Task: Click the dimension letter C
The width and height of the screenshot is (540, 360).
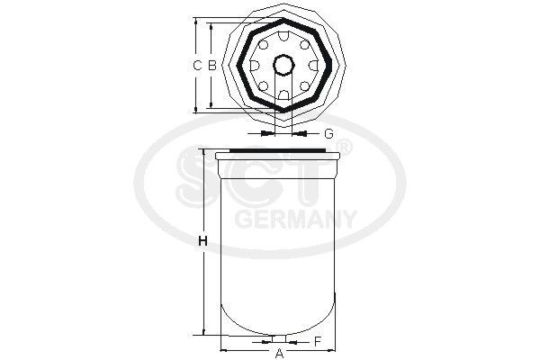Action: (197, 66)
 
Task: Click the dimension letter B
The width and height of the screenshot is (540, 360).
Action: (211, 66)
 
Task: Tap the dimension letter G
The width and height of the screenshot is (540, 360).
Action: (328, 133)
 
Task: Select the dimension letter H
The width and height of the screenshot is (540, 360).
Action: (202, 241)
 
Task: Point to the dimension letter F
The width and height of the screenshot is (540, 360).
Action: (318, 341)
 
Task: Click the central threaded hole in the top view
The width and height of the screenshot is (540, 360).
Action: (283, 66)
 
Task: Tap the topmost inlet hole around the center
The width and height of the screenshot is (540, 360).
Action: (283, 35)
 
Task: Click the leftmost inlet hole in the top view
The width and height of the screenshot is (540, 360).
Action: (254, 66)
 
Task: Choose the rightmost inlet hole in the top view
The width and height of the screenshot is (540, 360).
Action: (313, 66)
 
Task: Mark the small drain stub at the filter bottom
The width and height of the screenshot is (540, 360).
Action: (279, 338)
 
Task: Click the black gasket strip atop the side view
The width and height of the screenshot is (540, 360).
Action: (279, 150)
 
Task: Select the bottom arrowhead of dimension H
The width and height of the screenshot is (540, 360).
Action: (216, 329)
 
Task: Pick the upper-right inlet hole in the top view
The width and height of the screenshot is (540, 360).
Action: (305, 44)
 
